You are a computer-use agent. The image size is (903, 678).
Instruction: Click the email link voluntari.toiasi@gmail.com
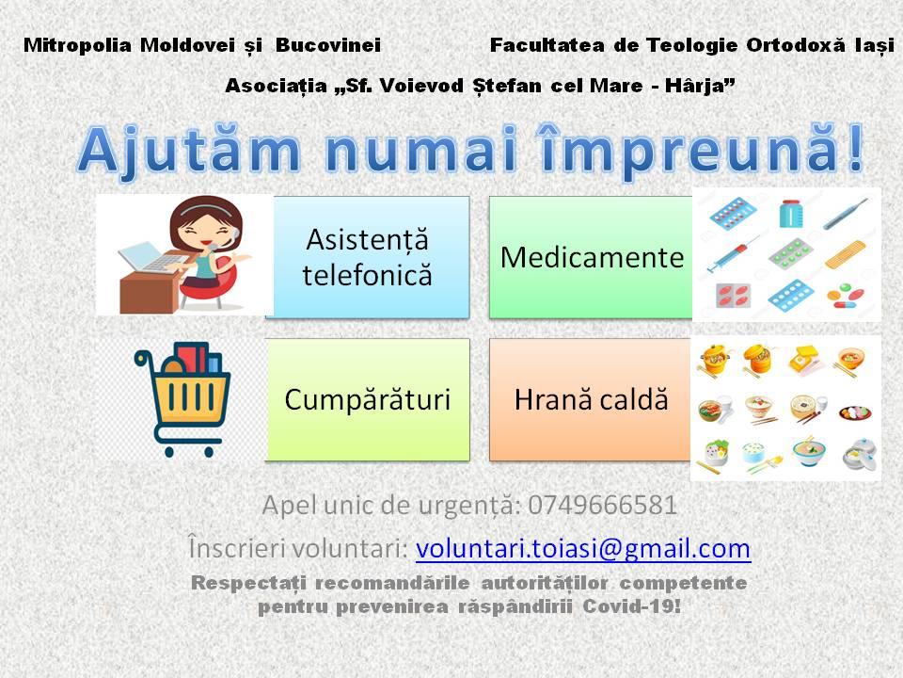point(582,548)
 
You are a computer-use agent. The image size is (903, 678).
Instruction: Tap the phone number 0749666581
point(603,506)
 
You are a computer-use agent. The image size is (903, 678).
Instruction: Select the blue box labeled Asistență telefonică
point(368,256)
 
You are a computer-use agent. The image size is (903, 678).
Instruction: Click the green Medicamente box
point(592,256)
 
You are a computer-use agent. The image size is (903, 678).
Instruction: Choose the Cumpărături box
point(368,399)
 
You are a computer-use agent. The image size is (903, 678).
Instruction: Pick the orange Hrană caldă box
point(592,399)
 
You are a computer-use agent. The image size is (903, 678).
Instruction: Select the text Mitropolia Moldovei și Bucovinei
point(202,44)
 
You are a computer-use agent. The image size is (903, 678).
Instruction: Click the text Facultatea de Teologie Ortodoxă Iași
point(691,44)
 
